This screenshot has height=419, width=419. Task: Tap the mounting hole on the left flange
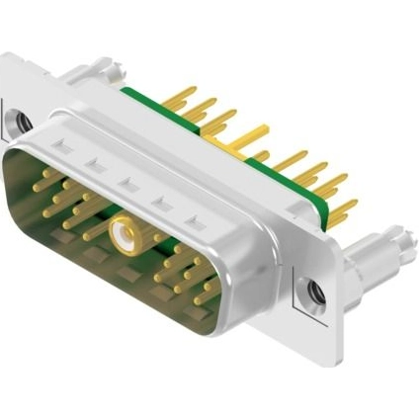[x=22, y=123]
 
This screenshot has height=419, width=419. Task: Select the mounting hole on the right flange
[x=315, y=293]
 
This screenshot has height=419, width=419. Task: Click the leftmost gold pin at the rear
[x=181, y=96]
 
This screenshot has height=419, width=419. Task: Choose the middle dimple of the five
[x=126, y=183]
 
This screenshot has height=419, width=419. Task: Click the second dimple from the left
[x=92, y=164]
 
